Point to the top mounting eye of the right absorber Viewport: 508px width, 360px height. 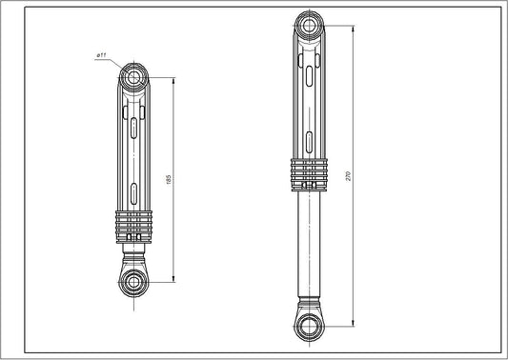(308, 25)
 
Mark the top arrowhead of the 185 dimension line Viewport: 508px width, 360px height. (173, 78)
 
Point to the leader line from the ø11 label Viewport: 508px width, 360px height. (119, 64)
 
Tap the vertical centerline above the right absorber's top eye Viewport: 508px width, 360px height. (308, 8)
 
